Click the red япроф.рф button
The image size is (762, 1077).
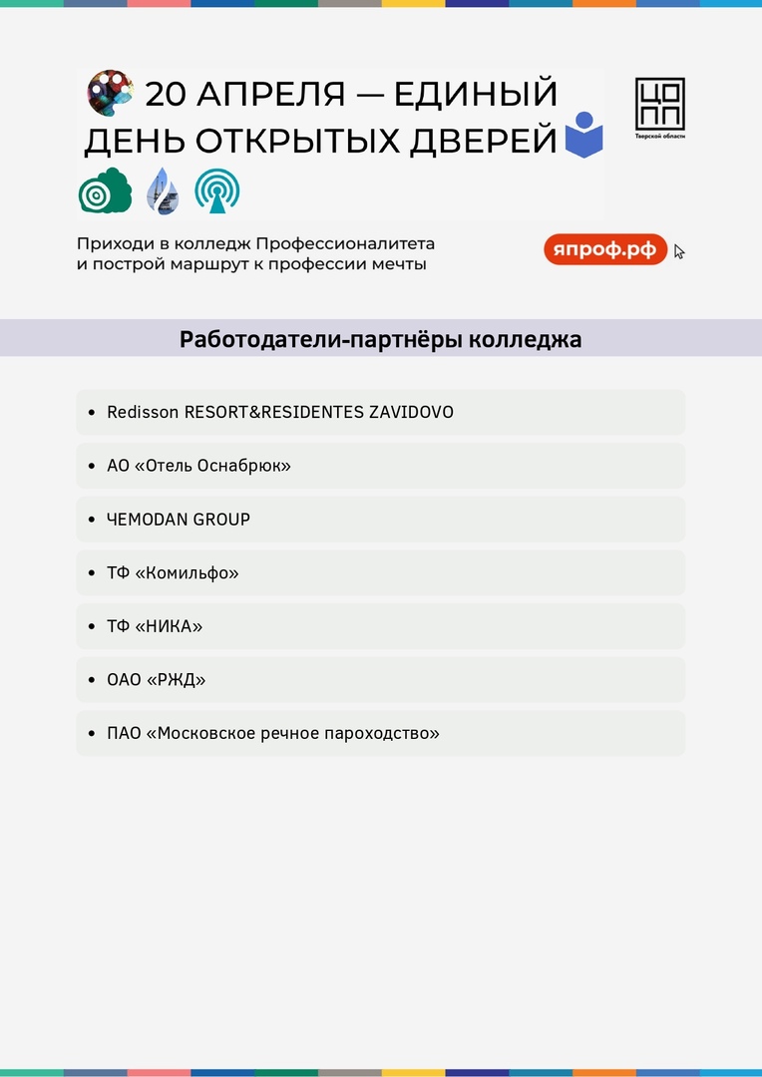click(x=605, y=249)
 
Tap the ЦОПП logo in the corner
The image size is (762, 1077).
click(x=660, y=108)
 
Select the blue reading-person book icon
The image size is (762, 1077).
click(x=584, y=136)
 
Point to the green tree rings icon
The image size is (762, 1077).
click(x=105, y=190)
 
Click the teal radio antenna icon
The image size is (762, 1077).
click(x=216, y=190)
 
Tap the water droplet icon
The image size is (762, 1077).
click(x=162, y=190)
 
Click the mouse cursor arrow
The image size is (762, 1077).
click(x=679, y=251)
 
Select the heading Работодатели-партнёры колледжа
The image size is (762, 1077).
click(x=380, y=339)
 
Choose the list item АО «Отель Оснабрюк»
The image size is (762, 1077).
click(x=198, y=466)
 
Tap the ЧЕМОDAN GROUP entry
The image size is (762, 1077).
click(x=179, y=520)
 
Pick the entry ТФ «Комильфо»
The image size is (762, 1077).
click(x=173, y=573)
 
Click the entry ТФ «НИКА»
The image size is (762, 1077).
click(x=155, y=627)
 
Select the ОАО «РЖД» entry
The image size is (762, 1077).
click(x=157, y=680)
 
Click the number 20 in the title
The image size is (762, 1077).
click(x=167, y=95)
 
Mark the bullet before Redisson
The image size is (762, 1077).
click(x=92, y=412)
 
